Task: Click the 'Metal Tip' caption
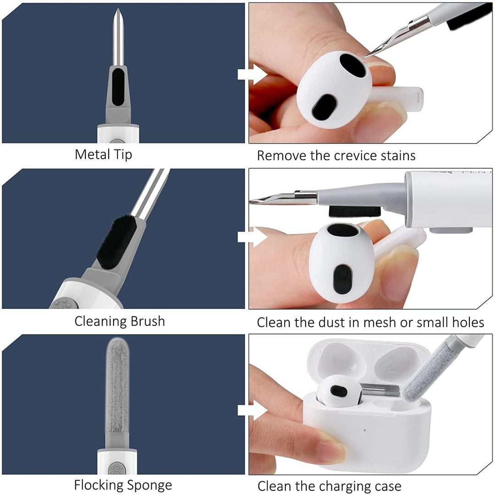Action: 103,154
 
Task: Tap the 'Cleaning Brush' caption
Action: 120,321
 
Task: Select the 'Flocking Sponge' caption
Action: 123,485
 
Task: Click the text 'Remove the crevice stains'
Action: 336,155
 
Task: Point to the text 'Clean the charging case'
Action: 329,486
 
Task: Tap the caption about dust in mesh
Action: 370,322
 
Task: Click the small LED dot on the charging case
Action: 365,430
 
